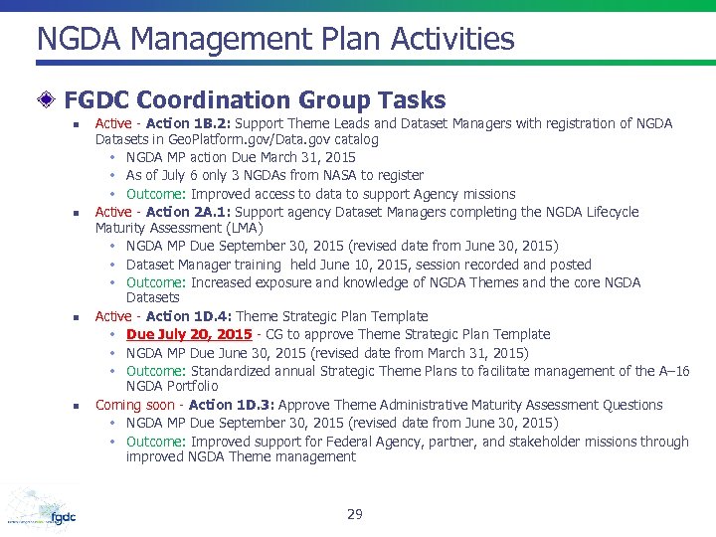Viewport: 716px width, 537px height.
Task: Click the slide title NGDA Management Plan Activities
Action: coord(275,40)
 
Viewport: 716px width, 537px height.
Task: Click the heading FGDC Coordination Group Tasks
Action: coord(255,100)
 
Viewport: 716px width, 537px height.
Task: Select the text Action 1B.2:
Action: coord(185,123)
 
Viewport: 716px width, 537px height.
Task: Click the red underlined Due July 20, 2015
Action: coord(189,334)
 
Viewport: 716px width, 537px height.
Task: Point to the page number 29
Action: coord(355,514)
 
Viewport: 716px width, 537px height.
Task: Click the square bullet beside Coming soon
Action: coord(75,407)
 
